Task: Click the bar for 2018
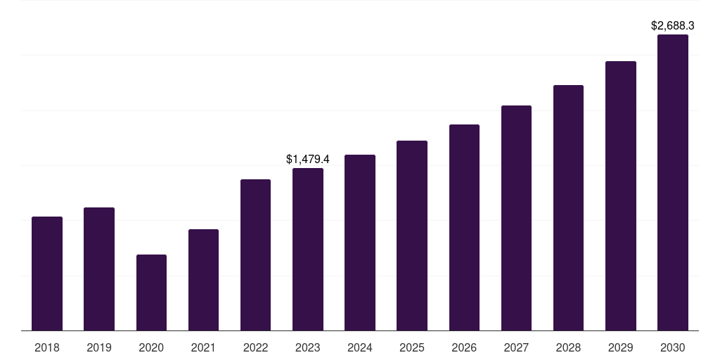pos(47,274)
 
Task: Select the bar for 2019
pos(99,269)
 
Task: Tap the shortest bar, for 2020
pos(151,292)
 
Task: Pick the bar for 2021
pos(203,280)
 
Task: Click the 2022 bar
pos(255,255)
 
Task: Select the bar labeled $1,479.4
pos(308,249)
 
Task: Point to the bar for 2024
pos(360,243)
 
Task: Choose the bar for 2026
pos(464,227)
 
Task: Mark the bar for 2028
pos(568,207)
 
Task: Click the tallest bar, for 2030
pos(673,182)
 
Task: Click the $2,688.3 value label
pos(673,26)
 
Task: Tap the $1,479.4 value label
pos(308,160)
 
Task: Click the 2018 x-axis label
pos(47,347)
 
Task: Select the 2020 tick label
pos(151,347)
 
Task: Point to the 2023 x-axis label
pos(308,347)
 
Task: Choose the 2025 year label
pos(412,347)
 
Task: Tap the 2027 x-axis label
pos(516,347)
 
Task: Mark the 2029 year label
pos(621,347)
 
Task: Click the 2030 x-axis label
pos(673,347)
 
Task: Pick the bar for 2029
pos(621,195)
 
